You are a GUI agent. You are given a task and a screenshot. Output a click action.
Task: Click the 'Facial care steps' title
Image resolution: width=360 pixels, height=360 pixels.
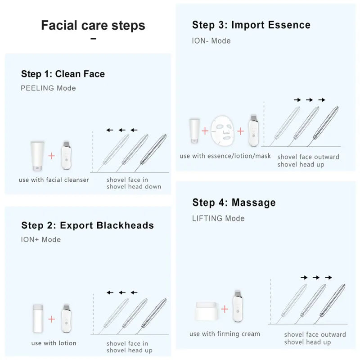(93, 25)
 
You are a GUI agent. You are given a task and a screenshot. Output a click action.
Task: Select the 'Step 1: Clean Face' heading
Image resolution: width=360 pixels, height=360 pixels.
(63, 74)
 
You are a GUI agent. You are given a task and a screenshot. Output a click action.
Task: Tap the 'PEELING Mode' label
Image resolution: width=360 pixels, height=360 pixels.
(48, 88)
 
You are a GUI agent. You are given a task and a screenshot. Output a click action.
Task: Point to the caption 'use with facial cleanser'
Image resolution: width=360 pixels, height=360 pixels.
(54, 180)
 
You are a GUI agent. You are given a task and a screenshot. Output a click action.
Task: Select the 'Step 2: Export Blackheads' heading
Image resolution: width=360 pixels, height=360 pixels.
(87, 225)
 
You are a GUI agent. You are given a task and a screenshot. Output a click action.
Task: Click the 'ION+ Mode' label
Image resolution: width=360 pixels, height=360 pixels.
(40, 239)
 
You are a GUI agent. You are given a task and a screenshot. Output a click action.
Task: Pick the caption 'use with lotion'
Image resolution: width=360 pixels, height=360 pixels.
(54, 343)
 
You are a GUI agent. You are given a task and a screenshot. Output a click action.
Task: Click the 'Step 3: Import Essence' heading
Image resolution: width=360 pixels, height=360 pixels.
(251, 25)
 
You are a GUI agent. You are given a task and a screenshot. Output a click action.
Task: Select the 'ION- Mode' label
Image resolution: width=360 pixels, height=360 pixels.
(211, 41)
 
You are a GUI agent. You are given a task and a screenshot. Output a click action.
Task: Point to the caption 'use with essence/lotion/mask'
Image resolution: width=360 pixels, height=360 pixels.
(225, 156)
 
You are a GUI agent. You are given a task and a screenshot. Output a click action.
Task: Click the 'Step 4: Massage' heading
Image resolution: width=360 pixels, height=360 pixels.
(234, 202)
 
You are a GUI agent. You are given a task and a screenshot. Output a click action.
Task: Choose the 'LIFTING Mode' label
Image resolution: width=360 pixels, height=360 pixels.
(218, 218)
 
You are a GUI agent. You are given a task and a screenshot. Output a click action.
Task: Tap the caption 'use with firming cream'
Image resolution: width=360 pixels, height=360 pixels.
(225, 334)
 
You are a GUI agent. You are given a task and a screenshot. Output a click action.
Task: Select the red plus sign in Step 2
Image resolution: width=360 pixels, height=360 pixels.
(52, 319)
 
